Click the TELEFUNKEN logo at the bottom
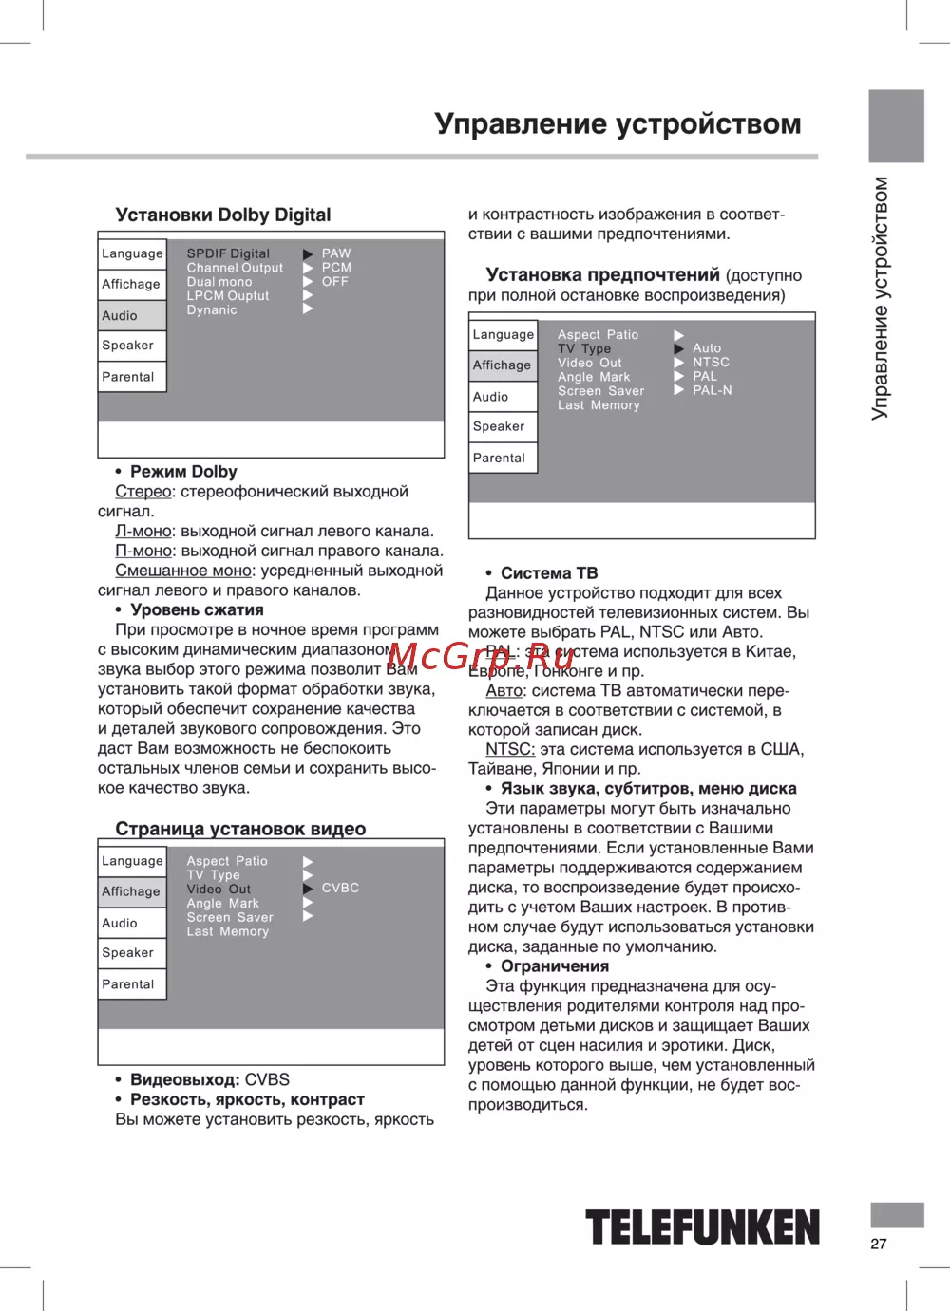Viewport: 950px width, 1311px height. [x=702, y=1227]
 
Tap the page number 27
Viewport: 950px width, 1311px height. [x=879, y=1244]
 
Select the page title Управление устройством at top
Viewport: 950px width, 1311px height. [x=617, y=124]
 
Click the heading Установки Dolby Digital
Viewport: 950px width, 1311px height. [x=223, y=215]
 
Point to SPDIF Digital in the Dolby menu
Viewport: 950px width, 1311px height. [x=228, y=253]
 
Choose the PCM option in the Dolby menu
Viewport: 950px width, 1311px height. [x=336, y=268]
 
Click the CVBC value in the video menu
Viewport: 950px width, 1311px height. [x=340, y=888]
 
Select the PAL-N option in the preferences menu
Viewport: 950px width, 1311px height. [x=712, y=390]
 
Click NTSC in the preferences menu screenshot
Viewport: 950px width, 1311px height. [x=711, y=363]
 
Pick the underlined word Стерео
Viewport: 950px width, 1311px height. [x=143, y=492]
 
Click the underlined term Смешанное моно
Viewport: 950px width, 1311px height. [x=183, y=571]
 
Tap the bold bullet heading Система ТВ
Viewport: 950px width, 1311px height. [x=549, y=573]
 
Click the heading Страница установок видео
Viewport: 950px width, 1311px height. [x=240, y=829]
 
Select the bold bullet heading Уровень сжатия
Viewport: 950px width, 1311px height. [x=197, y=610]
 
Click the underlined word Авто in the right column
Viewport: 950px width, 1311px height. [x=504, y=691]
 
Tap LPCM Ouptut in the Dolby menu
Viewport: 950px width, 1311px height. [x=228, y=296]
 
